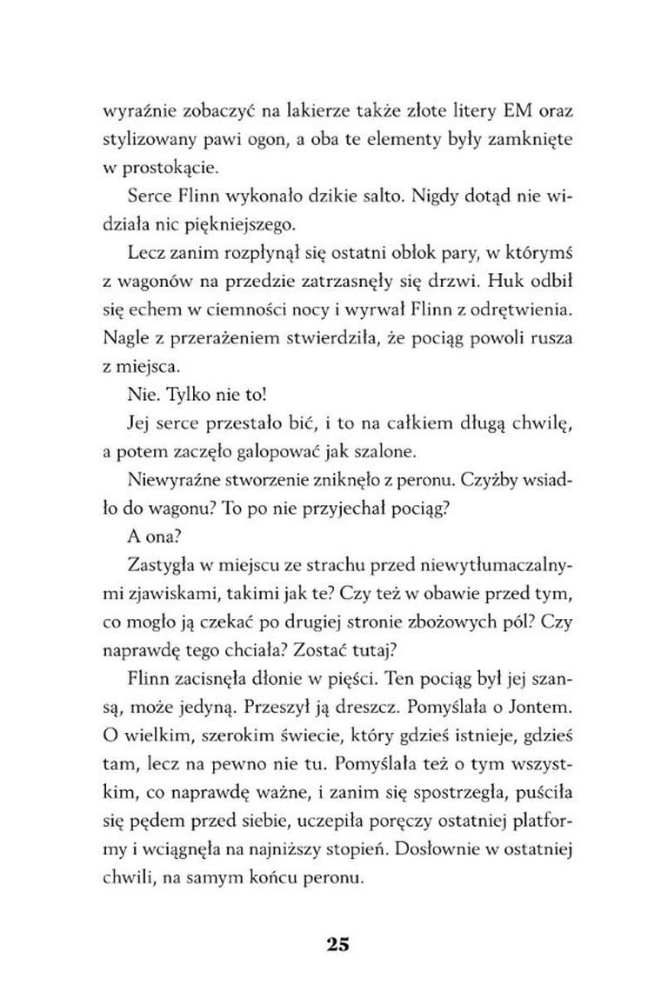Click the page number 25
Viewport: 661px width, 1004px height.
tap(338, 943)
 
